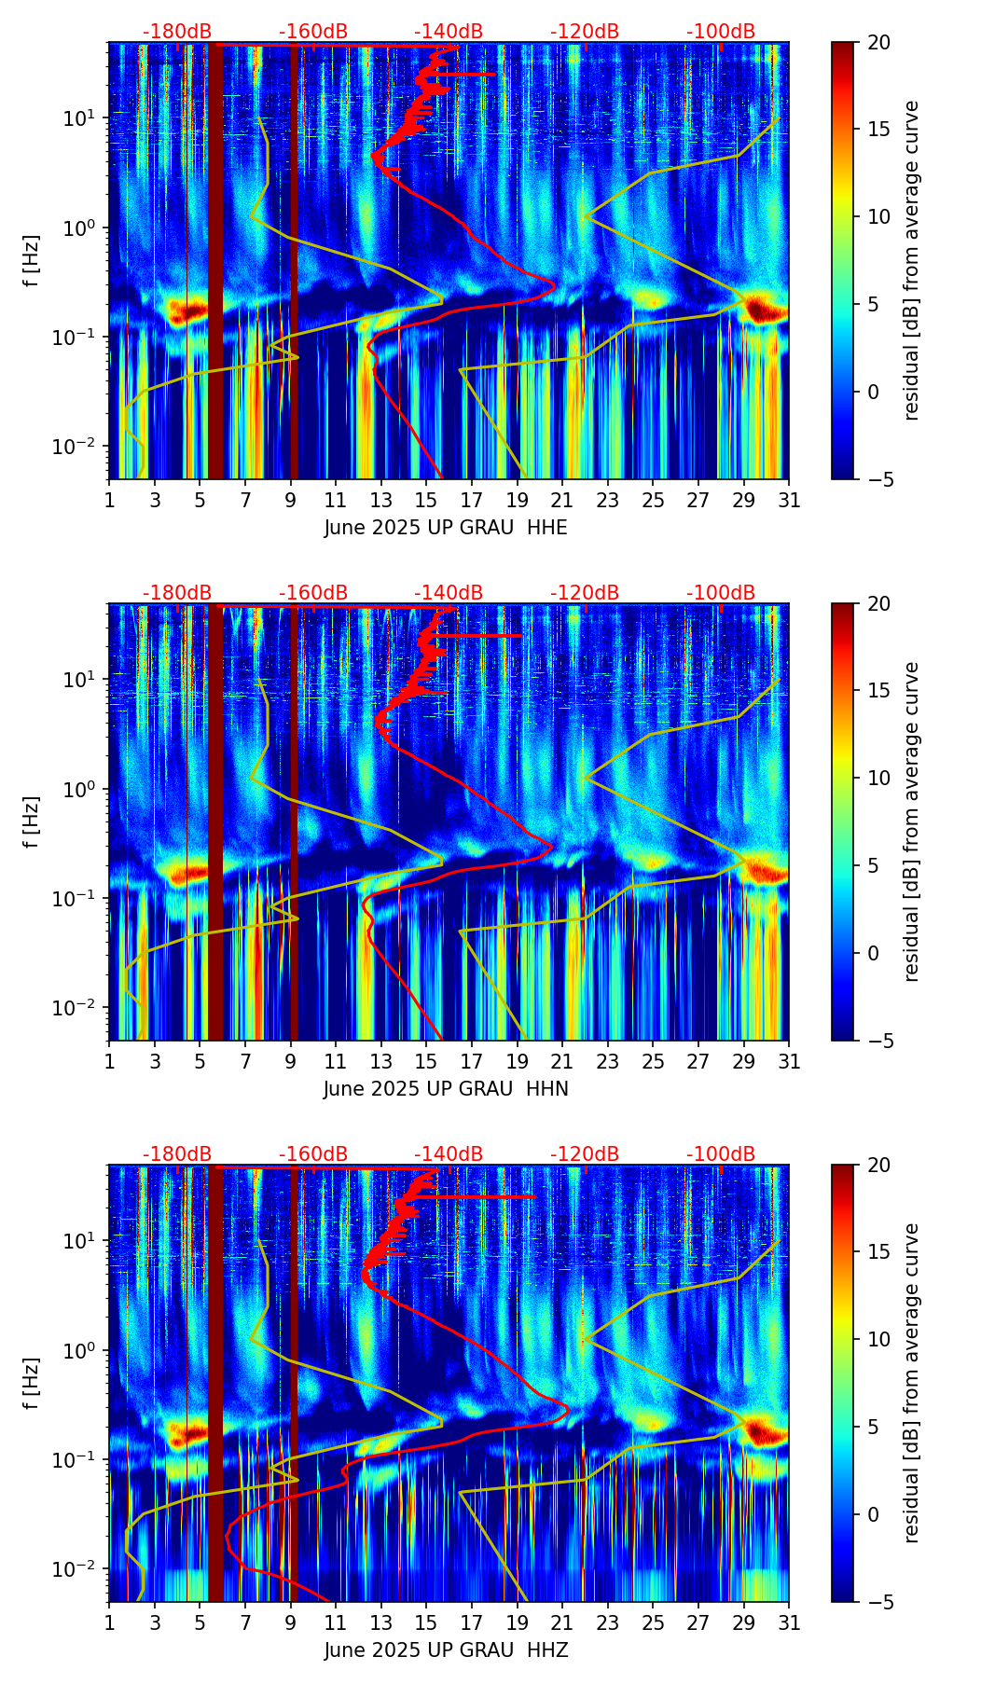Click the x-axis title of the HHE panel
tap(446, 528)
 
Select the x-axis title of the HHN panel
tap(446, 1089)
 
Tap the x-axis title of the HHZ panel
tap(446, 1650)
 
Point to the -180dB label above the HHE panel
tap(177, 32)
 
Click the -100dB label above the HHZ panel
tap(721, 1154)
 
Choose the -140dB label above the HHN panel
tap(449, 593)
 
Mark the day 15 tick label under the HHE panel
tap(426, 500)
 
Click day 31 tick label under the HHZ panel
tap(789, 1622)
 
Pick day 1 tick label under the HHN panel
tap(109, 1061)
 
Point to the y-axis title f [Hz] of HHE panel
tap(32, 260)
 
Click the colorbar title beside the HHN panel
tap(912, 821)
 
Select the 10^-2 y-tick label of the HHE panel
tap(76, 448)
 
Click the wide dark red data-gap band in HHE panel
tap(215, 261)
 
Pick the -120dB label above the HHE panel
tap(585, 32)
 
